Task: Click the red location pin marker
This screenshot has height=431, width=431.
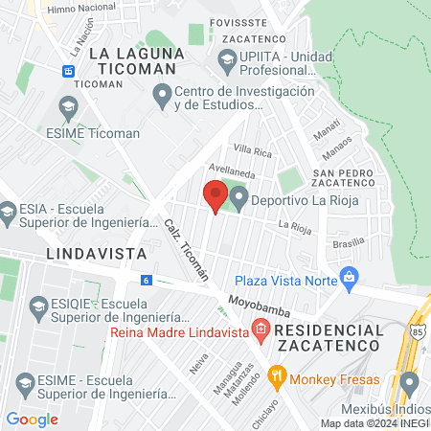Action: click(x=215, y=197)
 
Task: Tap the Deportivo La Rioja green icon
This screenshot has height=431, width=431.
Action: click(x=238, y=198)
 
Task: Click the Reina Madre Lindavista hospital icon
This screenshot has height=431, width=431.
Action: click(x=261, y=332)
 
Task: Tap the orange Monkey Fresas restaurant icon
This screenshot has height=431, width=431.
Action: click(x=279, y=376)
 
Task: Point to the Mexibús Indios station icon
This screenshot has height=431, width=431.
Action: click(x=410, y=385)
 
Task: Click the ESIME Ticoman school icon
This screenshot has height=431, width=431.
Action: click(x=68, y=108)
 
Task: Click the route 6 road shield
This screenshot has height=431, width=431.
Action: click(x=146, y=280)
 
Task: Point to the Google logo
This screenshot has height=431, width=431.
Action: click(x=33, y=419)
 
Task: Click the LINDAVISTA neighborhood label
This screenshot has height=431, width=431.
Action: click(x=95, y=254)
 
